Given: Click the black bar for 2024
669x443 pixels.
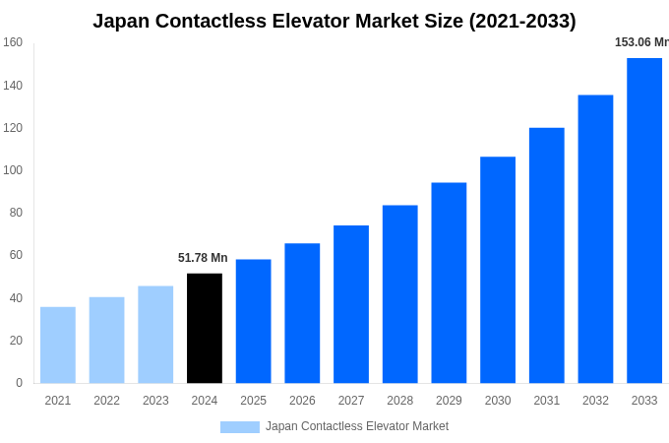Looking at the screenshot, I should [204, 328].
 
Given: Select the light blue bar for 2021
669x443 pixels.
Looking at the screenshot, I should [57, 345].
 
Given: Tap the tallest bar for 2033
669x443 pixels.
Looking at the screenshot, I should [644, 221].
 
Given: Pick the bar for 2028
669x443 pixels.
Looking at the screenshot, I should [399, 293].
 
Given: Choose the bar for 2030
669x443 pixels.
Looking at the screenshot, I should [498, 270].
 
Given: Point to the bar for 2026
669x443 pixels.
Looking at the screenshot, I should [302, 313].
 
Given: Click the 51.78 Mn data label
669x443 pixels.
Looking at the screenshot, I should [203, 258].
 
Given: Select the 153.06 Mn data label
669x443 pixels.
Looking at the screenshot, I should [641, 42].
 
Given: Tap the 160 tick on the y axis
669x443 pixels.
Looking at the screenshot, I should [13, 42].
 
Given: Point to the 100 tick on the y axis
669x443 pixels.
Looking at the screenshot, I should [13, 170].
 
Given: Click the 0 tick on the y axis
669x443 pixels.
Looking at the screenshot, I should [19, 383].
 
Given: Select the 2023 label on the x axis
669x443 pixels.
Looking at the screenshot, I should [155, 401].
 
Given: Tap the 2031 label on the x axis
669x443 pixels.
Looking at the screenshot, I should [546, 401].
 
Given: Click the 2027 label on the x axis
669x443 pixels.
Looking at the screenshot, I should [351, 401].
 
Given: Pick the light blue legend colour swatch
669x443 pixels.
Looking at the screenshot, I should [239, 427].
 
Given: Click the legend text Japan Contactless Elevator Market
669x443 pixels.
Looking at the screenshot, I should [356, 426].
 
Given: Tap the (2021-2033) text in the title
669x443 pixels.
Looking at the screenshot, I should [522, 21].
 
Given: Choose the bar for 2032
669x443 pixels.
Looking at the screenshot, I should [595, 239].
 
